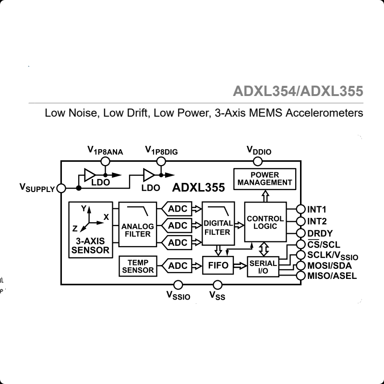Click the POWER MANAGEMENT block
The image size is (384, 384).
264,179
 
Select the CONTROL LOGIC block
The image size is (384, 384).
265,222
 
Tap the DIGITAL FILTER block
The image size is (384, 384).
218,225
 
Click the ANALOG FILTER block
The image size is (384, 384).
137,225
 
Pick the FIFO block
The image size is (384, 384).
218,265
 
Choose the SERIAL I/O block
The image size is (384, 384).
263,267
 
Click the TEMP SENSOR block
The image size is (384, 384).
138,266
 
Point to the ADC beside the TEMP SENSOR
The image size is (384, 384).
178,265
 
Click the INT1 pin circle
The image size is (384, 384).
301,209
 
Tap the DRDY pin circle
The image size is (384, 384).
301,233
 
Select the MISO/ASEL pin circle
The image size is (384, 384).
301,276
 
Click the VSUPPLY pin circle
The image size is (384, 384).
61,188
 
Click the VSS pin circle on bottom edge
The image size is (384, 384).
217,285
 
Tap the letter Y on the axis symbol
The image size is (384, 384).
83,208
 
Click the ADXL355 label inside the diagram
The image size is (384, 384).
198,187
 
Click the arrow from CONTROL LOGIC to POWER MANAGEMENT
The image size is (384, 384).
264,195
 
